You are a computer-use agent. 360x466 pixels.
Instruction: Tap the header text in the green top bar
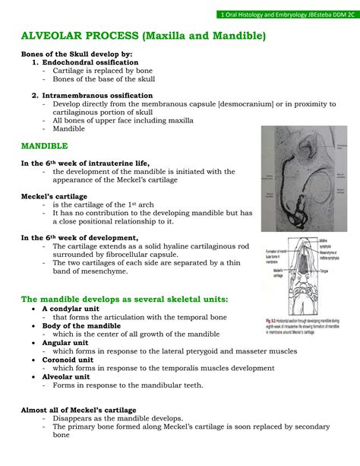(x=287, y=14)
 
